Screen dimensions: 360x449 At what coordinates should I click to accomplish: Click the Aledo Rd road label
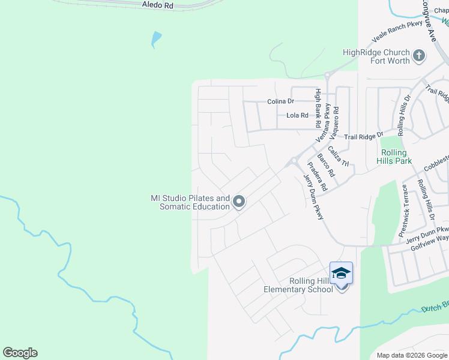pyautogui.click(x=157, y=5)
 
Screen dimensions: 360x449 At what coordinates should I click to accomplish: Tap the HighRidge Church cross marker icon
pyautogui.click(x=419, y=56)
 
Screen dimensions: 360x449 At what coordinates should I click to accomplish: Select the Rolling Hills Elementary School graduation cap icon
pyautogui.click(x=341, y=274)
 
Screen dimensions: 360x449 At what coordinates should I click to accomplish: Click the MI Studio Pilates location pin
pyautogui.click(x=239, y=202)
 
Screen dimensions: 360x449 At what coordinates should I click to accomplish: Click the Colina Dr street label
pyautogui.click(x=280, y=102)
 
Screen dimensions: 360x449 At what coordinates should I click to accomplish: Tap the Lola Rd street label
pyautogui.click(x=297, y=115)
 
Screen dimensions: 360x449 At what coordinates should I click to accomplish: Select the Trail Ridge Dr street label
pyautogui.click(x=364, y=137)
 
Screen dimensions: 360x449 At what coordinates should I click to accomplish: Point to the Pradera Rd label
pyautogui.click(x=317, y=176)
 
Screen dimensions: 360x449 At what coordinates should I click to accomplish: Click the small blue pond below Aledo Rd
pyautogui.click(x=156, y=40)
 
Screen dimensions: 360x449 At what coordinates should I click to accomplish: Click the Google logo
pyautogui.click(x=20, y=353)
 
